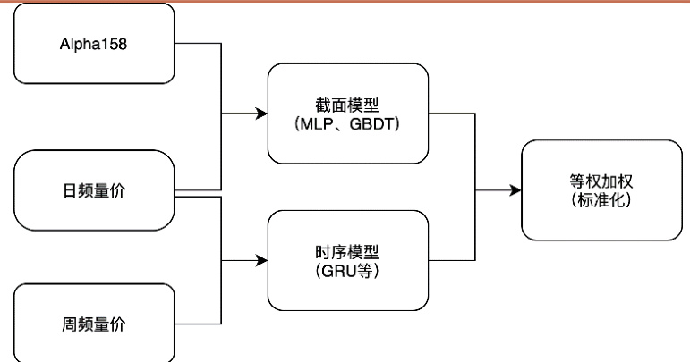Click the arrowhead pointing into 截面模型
(262, 114)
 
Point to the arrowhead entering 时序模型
(262, 260)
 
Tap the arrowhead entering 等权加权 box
(515, 189)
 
